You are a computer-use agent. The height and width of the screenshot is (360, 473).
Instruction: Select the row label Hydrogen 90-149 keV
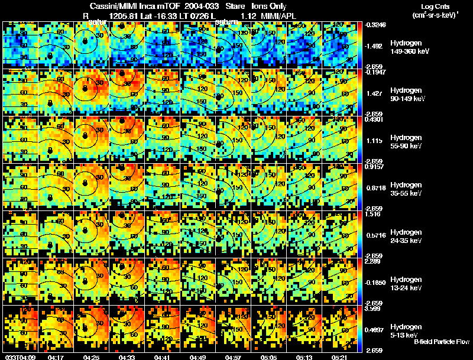[x=407, y=95]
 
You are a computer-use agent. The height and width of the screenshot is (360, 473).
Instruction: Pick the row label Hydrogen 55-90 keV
[x=406, y=142]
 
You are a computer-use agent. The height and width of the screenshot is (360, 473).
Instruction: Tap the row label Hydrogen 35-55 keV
[x=406, y=189]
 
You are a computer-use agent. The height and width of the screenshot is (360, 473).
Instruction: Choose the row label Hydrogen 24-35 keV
[x=406, y=236]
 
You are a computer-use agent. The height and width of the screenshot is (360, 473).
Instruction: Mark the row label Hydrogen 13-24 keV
[x=406, y=283]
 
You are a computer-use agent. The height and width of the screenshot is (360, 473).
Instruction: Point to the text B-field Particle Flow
[x=441, y=342]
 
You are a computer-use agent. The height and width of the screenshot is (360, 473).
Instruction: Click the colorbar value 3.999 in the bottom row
[x=372, y=309]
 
